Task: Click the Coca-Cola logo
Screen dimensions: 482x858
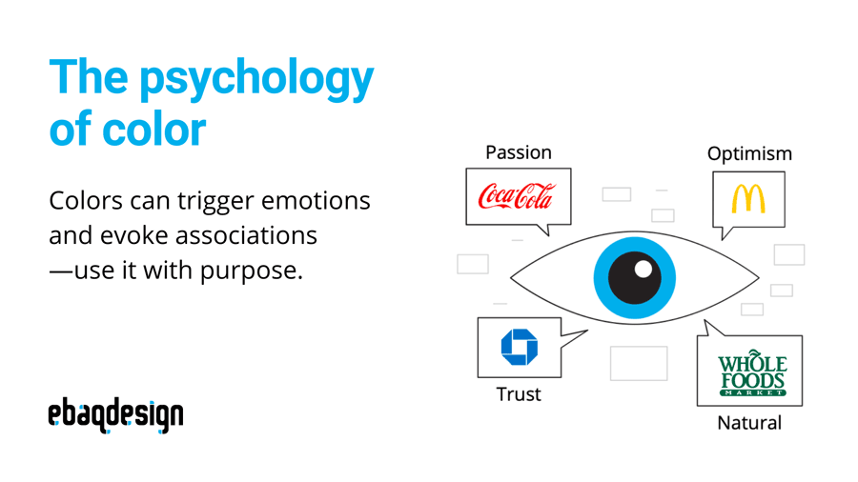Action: pos(516,197)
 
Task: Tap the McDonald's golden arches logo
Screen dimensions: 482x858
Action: pos(748,198)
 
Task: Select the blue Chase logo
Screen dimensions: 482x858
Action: pos(520,347)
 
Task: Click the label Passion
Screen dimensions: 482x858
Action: pos(519,152)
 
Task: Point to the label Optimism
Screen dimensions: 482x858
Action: pos(749,153)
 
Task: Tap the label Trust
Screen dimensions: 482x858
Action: pos(519,393)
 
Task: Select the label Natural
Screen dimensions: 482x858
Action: pos(749,422)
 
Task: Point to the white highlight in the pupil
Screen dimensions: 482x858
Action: pos(643,269)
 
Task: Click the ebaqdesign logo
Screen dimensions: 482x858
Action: pos(115,415)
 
